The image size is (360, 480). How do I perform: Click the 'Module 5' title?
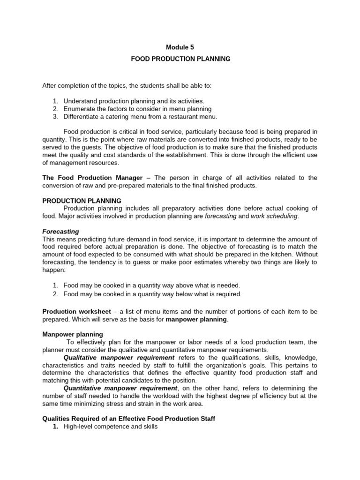point(180,47)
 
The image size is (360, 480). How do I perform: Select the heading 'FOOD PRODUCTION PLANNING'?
point(180,59)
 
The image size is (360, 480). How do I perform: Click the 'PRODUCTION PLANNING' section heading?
point(82,201)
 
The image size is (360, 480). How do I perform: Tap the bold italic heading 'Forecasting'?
point(60,232)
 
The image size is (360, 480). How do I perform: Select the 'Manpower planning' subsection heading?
point(73,334)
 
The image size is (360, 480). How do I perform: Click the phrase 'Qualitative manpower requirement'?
point(119,357)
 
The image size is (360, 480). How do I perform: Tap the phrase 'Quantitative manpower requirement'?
point(120,388)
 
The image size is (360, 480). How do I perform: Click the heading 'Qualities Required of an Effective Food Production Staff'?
point(129,419)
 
